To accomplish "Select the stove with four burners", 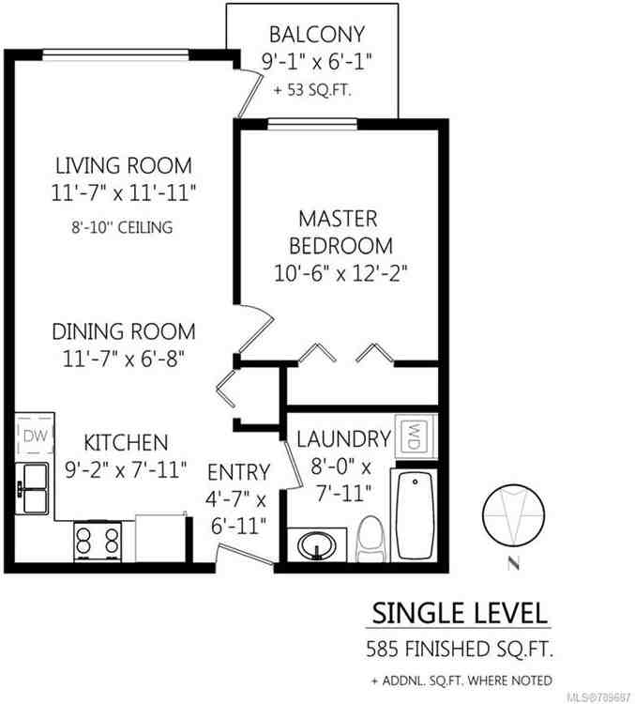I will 98,542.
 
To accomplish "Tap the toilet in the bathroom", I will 371,539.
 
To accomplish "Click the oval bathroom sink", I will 315,543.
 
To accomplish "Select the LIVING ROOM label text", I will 123,166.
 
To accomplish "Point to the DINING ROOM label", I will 124,331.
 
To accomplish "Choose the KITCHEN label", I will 126,442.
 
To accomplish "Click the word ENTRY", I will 238,472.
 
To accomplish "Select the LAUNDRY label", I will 342,438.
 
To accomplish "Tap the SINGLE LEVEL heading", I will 459,614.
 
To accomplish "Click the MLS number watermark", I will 597,695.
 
